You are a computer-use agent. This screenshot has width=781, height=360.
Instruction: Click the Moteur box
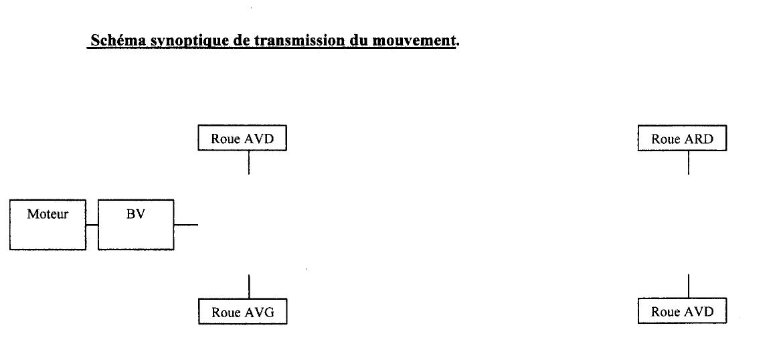pos(48,225)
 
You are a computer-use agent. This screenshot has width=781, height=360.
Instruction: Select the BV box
pos(136,225)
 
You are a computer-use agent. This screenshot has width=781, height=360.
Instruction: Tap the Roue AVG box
pos(242,311)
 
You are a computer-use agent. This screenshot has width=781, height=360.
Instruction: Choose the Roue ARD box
pos(682,138)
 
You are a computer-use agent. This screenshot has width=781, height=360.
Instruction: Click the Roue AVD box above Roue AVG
pos(242,138)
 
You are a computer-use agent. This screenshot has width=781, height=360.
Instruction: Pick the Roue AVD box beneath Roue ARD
pos(682,310)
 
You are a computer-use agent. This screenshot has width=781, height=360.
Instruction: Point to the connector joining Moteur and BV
pos(92,225)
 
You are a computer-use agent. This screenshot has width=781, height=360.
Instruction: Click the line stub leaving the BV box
pos(186,225)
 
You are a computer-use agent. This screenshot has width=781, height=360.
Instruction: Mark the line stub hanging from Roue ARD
pos(689,163)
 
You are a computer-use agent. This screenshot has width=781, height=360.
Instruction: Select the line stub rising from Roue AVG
pos(248,286)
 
